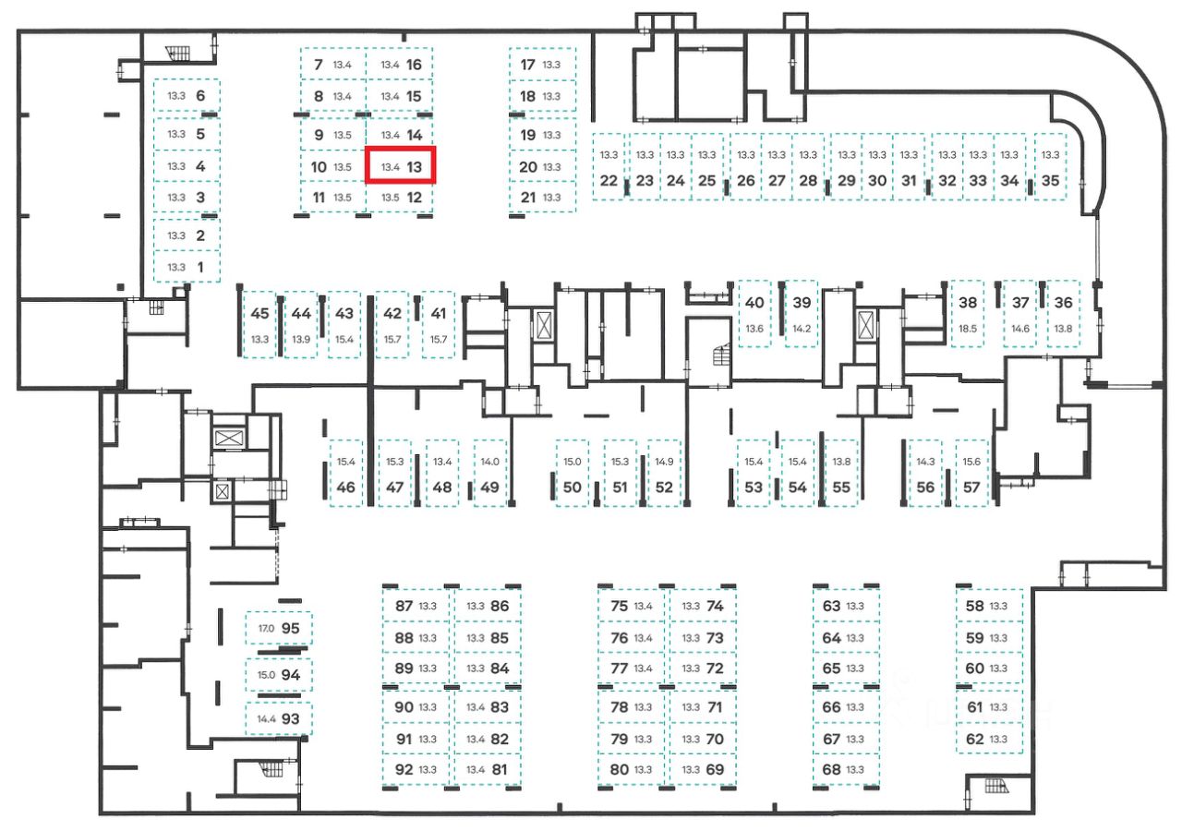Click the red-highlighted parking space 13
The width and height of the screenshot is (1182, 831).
(x=400, y=166)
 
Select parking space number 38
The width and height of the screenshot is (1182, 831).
(x=968, y=302)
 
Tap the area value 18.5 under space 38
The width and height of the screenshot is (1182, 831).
(x=968, y=329)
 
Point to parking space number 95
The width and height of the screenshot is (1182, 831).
(x=291, y=628)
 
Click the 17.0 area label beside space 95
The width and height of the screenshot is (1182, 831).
(x=266, y=629)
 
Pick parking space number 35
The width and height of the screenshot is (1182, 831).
(x=1050, y=180)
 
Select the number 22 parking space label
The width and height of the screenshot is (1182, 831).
(x=609, y=180)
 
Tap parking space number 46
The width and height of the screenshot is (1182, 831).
(x=346, y=488)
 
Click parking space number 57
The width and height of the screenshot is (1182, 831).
(x=971, y=488)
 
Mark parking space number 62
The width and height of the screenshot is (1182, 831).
(x=974, y=739)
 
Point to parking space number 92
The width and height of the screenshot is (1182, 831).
(x=404, y=769)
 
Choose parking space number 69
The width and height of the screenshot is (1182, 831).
(x=714, y=769)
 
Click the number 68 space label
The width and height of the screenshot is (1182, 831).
(x=831, y=769)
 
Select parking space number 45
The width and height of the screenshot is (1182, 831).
(x=259, y=313)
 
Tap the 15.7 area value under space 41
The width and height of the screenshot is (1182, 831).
(x=438, y=339)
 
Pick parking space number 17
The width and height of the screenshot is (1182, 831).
(x=528, y=65)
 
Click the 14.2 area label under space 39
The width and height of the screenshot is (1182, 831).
(x=802, y=329)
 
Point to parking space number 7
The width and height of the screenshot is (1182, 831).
(x=319, y=65)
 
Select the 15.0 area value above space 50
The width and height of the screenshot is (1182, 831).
(x=573, y=461)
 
